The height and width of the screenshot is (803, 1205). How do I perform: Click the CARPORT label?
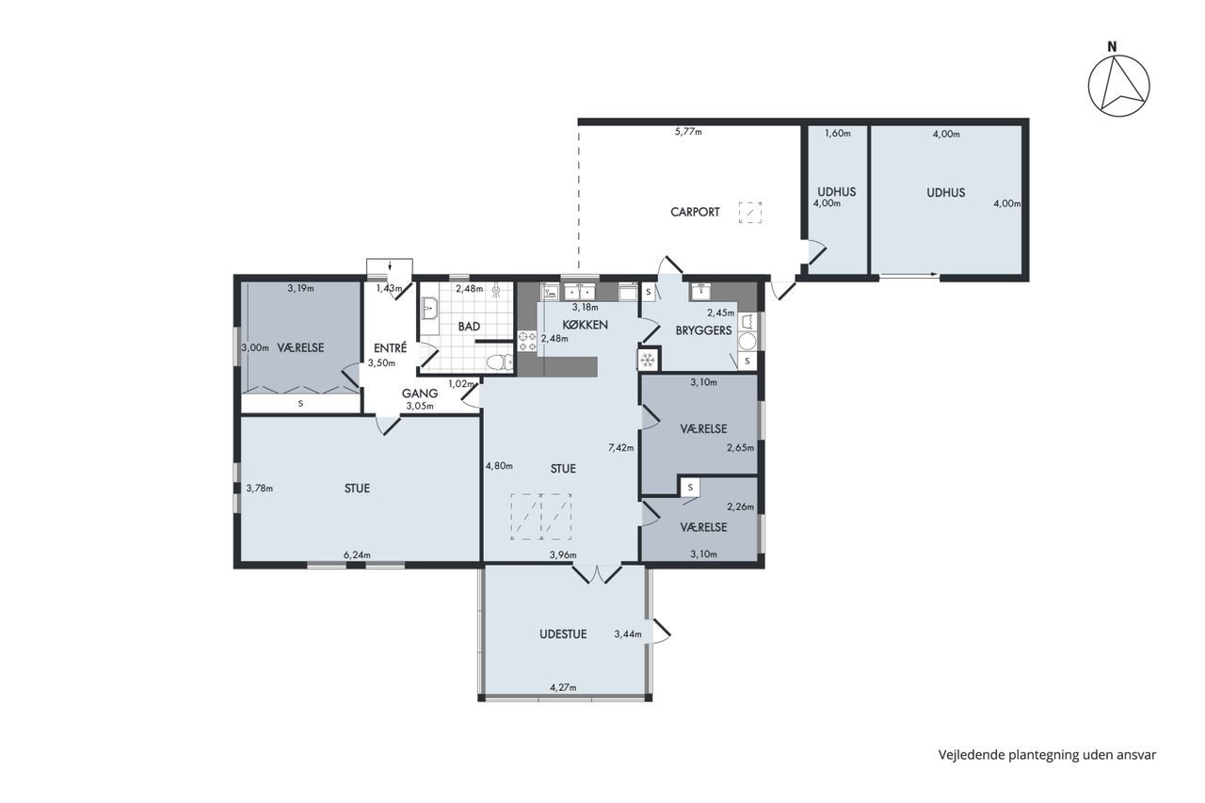(695, 212)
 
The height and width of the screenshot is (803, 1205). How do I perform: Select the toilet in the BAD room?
(500, 362)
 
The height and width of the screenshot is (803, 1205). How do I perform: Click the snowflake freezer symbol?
(648, 360)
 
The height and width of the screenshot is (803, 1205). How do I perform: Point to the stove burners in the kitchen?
(527, 342)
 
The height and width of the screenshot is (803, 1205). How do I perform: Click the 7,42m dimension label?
(620, 447)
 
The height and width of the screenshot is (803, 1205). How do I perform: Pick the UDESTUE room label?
(563, 634)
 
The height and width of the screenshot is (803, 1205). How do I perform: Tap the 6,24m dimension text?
(357, 555)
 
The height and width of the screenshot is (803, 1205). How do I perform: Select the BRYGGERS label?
(703, 330)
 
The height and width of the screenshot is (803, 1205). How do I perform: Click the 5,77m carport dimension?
(688, 131)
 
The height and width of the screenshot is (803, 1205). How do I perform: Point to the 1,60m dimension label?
(838, 134)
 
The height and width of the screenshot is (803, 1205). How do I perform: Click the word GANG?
(420, 393)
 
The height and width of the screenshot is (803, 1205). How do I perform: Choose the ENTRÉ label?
(390, 348)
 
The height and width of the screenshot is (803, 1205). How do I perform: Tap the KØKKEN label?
(585, 325)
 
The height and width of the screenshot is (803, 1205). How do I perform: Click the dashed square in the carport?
(750, 213)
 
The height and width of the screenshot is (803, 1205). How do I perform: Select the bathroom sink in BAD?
(429, 309)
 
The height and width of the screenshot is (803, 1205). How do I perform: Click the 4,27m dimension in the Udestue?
(563, 687)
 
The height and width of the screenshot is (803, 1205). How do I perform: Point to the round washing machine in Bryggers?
(747, 341)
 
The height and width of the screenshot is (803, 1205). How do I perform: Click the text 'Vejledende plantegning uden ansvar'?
(1047, 755)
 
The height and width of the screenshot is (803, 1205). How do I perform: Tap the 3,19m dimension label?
(300, 288)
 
